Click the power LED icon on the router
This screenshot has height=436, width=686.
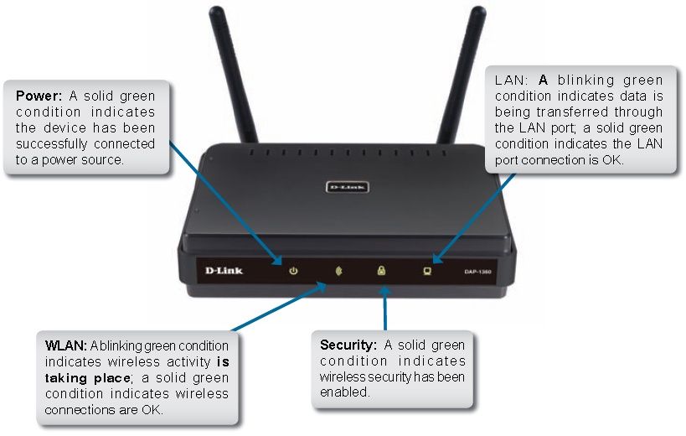point(293,271)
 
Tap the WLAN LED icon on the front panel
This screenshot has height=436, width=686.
point(338,271)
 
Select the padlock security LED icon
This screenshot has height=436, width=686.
point(381,270)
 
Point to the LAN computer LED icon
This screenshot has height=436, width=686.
point(427,271)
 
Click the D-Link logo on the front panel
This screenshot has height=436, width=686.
point(224,271)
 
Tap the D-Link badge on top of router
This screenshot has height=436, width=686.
point(348,187)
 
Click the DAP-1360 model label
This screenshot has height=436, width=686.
point(477,272)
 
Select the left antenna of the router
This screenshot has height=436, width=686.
point(232,75)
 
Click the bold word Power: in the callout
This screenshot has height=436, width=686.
point(39,96)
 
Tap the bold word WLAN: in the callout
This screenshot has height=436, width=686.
point(66,345)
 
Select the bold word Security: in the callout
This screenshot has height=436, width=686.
point(348,345)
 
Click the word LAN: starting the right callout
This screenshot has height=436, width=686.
point(512,80)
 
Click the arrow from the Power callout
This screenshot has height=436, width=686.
point(226,203)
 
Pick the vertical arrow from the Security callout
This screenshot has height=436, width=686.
point(384,309)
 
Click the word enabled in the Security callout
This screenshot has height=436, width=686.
point(344,392)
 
